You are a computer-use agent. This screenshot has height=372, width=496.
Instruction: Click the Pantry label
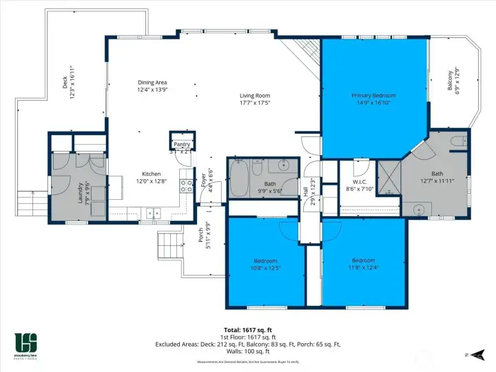(181, 144)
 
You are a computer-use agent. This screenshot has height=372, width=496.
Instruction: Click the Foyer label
(204, 180)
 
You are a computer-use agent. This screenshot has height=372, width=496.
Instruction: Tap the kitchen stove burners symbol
(186, 185)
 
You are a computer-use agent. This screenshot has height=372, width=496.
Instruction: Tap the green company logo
(27, 342)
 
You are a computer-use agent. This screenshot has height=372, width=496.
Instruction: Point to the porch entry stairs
(169, 245)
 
